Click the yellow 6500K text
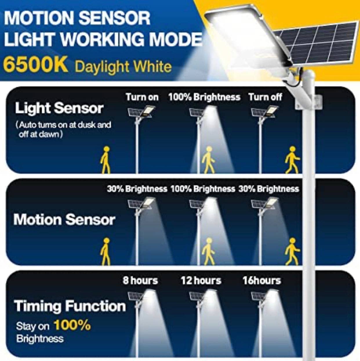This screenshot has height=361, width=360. (35, 66)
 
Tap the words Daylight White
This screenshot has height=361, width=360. (123, 67)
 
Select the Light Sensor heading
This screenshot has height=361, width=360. (59, 108)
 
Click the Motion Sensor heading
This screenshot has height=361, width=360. (64, 219)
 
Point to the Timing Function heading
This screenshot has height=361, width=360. (70, 306)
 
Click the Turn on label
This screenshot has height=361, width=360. (142, 97)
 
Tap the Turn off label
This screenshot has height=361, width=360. (265, 97)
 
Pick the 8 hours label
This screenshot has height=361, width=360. (140, 280)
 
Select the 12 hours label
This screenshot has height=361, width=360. (201, 280)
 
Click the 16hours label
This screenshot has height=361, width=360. (262, 280)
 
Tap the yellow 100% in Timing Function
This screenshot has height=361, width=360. (72, 325)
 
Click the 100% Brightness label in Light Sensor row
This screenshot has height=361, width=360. (204, 97)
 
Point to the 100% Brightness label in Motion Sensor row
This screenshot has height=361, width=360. (203, 189)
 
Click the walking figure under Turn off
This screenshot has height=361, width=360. (292, 160)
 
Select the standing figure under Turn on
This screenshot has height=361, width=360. (106, 160)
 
